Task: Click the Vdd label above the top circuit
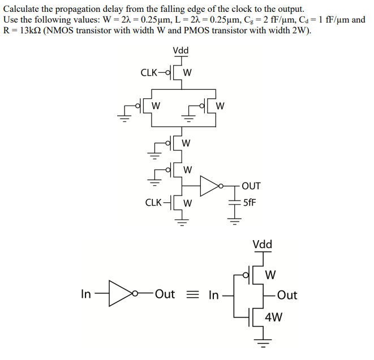point(181,51)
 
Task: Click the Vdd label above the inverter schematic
point(262,245)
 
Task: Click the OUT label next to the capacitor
point(251,186)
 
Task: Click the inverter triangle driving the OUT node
point(209,185)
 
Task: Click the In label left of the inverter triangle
point(86,294)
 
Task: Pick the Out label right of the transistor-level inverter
point(287,295)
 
